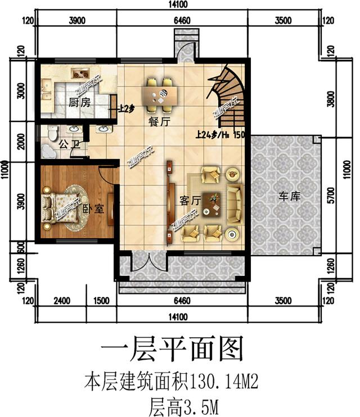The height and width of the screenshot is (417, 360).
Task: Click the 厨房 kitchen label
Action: tap(79, 102)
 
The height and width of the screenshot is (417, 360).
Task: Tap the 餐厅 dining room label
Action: tap(160, 121)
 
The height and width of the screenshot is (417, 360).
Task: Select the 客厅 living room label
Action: tap(190, 200)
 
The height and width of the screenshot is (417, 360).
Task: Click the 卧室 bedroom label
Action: tap(93, 208)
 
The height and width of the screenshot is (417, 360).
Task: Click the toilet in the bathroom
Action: tap(52, 133)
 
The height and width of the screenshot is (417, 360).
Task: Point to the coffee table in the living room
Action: tap(212, 202)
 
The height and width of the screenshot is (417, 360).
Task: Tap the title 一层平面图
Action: tap(172, 350)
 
